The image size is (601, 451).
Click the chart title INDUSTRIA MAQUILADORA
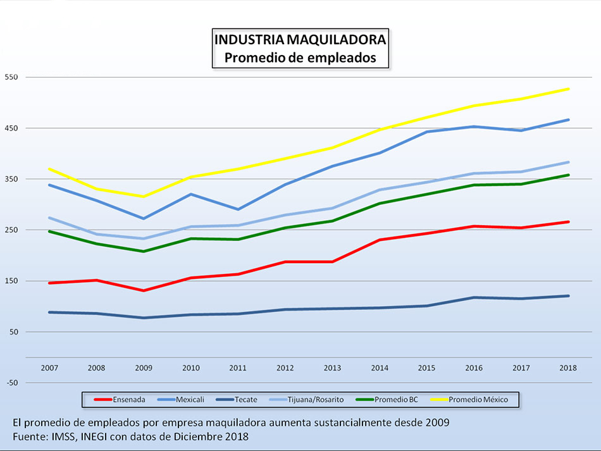click(x=300, y=40)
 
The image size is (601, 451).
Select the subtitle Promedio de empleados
click(x=300, y=58)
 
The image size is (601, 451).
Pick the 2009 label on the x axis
click(x=144, y=368)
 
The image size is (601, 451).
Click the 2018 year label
click(x=569, y=368)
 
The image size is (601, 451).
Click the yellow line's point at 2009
click(x=144, y=197)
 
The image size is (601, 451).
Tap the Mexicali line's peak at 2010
click(x=192, y=194)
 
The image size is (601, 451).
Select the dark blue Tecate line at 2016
click(x=474, y=297)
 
